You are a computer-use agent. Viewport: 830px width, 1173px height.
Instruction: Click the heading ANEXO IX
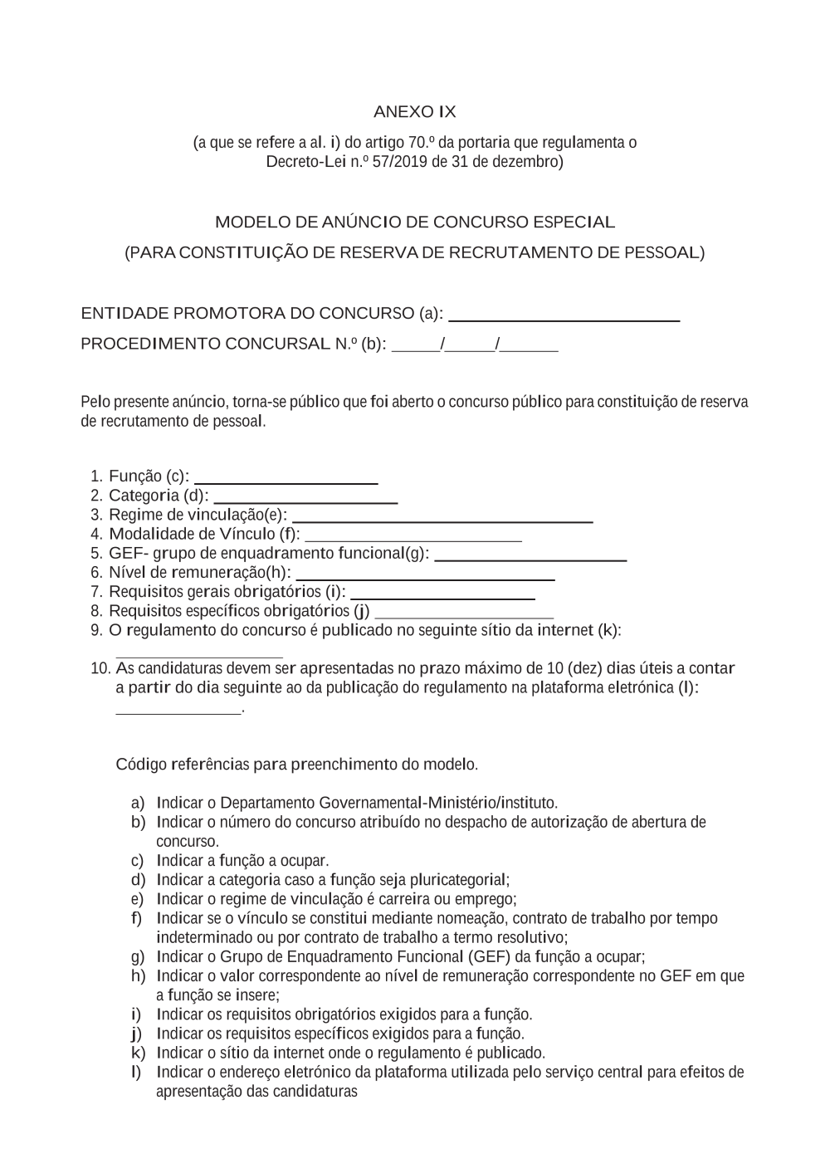tap(414, 112)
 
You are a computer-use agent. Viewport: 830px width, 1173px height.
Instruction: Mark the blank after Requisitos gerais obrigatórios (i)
tap(442, 597)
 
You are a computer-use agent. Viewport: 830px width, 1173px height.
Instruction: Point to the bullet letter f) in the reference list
tap(137, 918)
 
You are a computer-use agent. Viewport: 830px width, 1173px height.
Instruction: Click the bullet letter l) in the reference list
tap(136, 1072)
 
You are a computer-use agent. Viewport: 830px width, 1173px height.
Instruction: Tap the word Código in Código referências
tap(140, 765)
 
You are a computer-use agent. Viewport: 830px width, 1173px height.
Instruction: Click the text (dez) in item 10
tap(585, 668)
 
